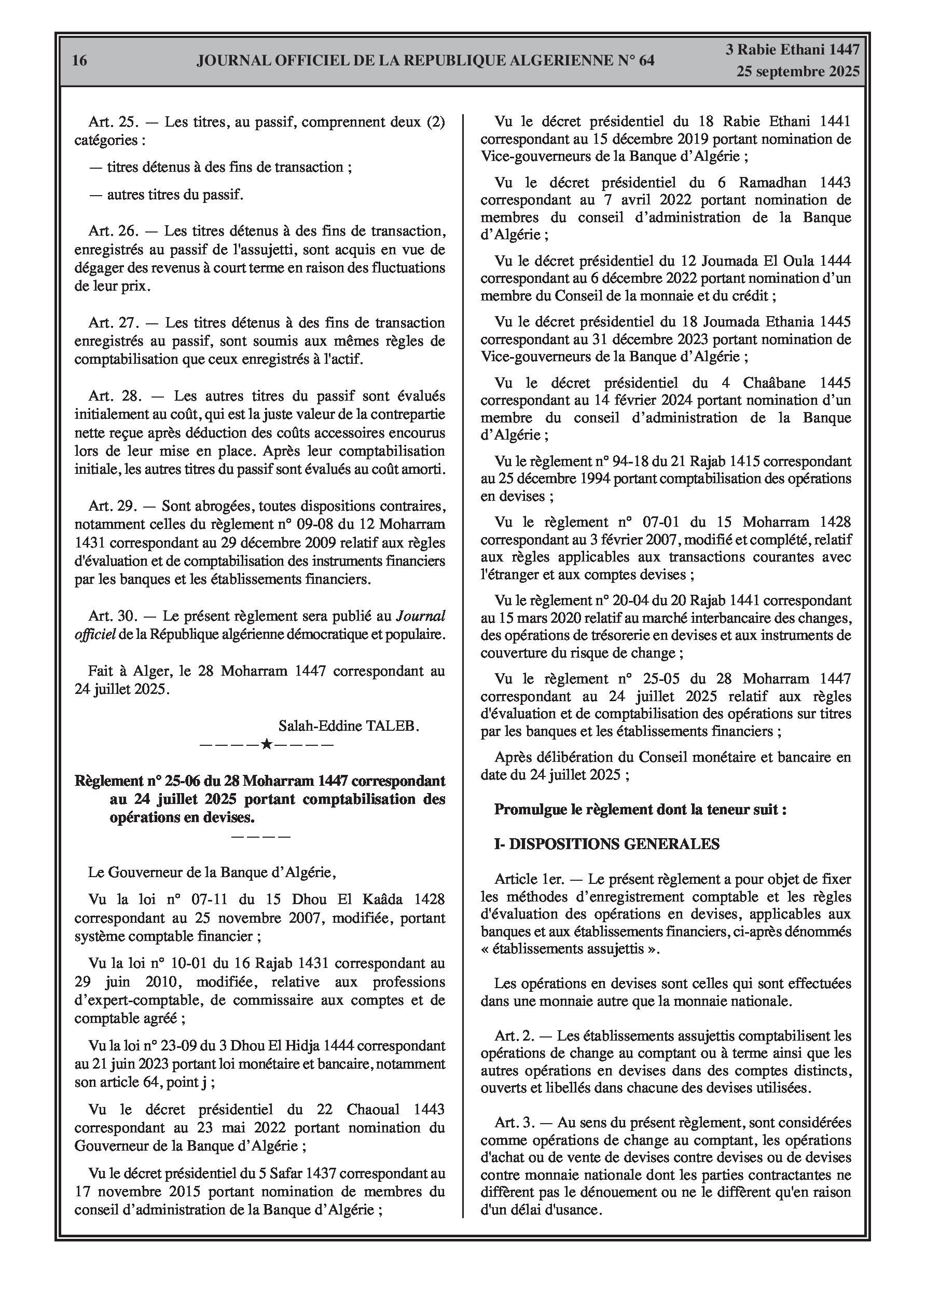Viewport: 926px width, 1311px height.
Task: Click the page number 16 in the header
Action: point(80,60)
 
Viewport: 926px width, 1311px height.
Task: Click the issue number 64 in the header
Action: point(643,61)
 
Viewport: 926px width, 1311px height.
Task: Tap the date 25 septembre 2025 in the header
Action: point(797,72)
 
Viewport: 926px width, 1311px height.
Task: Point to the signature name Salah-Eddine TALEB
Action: point(348,726)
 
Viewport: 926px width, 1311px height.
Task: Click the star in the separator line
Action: point(266,745)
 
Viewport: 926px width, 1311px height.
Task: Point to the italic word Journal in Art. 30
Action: point(420,616)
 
